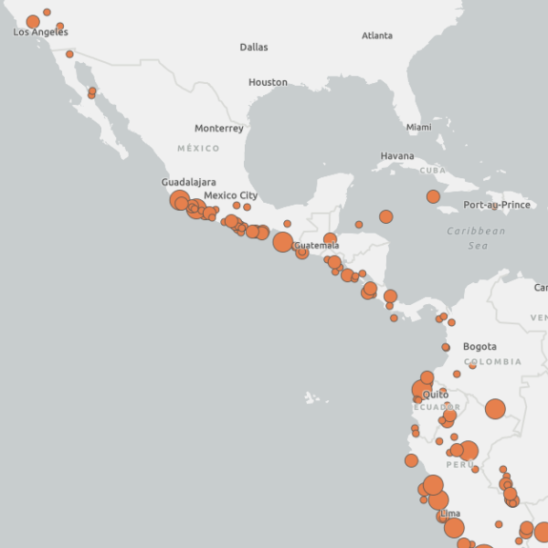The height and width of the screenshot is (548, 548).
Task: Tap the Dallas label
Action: (254, 47)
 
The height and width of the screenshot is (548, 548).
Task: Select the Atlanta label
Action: (377, 36)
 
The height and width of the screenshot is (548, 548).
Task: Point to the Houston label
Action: (268, 82)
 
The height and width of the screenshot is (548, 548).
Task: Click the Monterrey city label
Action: (219, 129)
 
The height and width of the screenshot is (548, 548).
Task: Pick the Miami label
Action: (418, 127)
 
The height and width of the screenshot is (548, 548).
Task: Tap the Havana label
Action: (397, 156)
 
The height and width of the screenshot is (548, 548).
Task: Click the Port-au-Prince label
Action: (497, 205)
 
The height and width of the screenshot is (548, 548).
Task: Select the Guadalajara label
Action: (189, 182)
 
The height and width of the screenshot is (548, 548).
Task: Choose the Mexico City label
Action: (230, 195)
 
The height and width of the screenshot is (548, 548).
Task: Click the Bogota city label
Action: (479, 347)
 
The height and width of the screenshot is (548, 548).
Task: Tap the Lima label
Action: (450, 514)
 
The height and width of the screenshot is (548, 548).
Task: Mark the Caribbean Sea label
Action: (476, 238)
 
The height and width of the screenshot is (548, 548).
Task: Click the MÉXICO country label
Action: (198, 148)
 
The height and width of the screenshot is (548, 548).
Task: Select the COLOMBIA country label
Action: (492, 362)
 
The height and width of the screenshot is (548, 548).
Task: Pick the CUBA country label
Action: (431, 171)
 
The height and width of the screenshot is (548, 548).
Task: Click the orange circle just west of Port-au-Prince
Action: (433, 196)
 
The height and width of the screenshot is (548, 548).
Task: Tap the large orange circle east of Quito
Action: (495, 409)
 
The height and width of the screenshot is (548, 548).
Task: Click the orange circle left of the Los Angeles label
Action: (33, 22)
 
